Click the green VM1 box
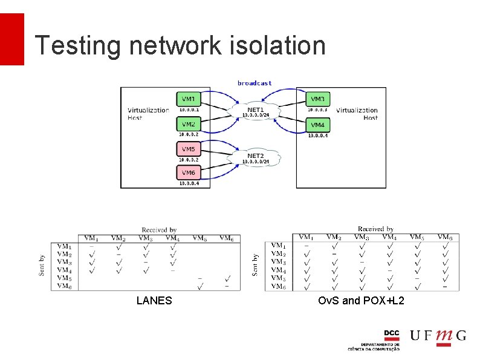pos(189,99)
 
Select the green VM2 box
pos(189,124)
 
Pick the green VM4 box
pos(318,125)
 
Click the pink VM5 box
pos(189,149)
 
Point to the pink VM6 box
pos(189,173)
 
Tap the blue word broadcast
pos(255,83)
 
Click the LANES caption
pos(154,301)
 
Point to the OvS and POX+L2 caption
pos(361,301)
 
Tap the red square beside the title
pos(11,39)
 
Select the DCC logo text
pos(392,334)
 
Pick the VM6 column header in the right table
pos(444,237)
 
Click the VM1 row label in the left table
pos(64,246)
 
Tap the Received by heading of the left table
pos(159,230)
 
